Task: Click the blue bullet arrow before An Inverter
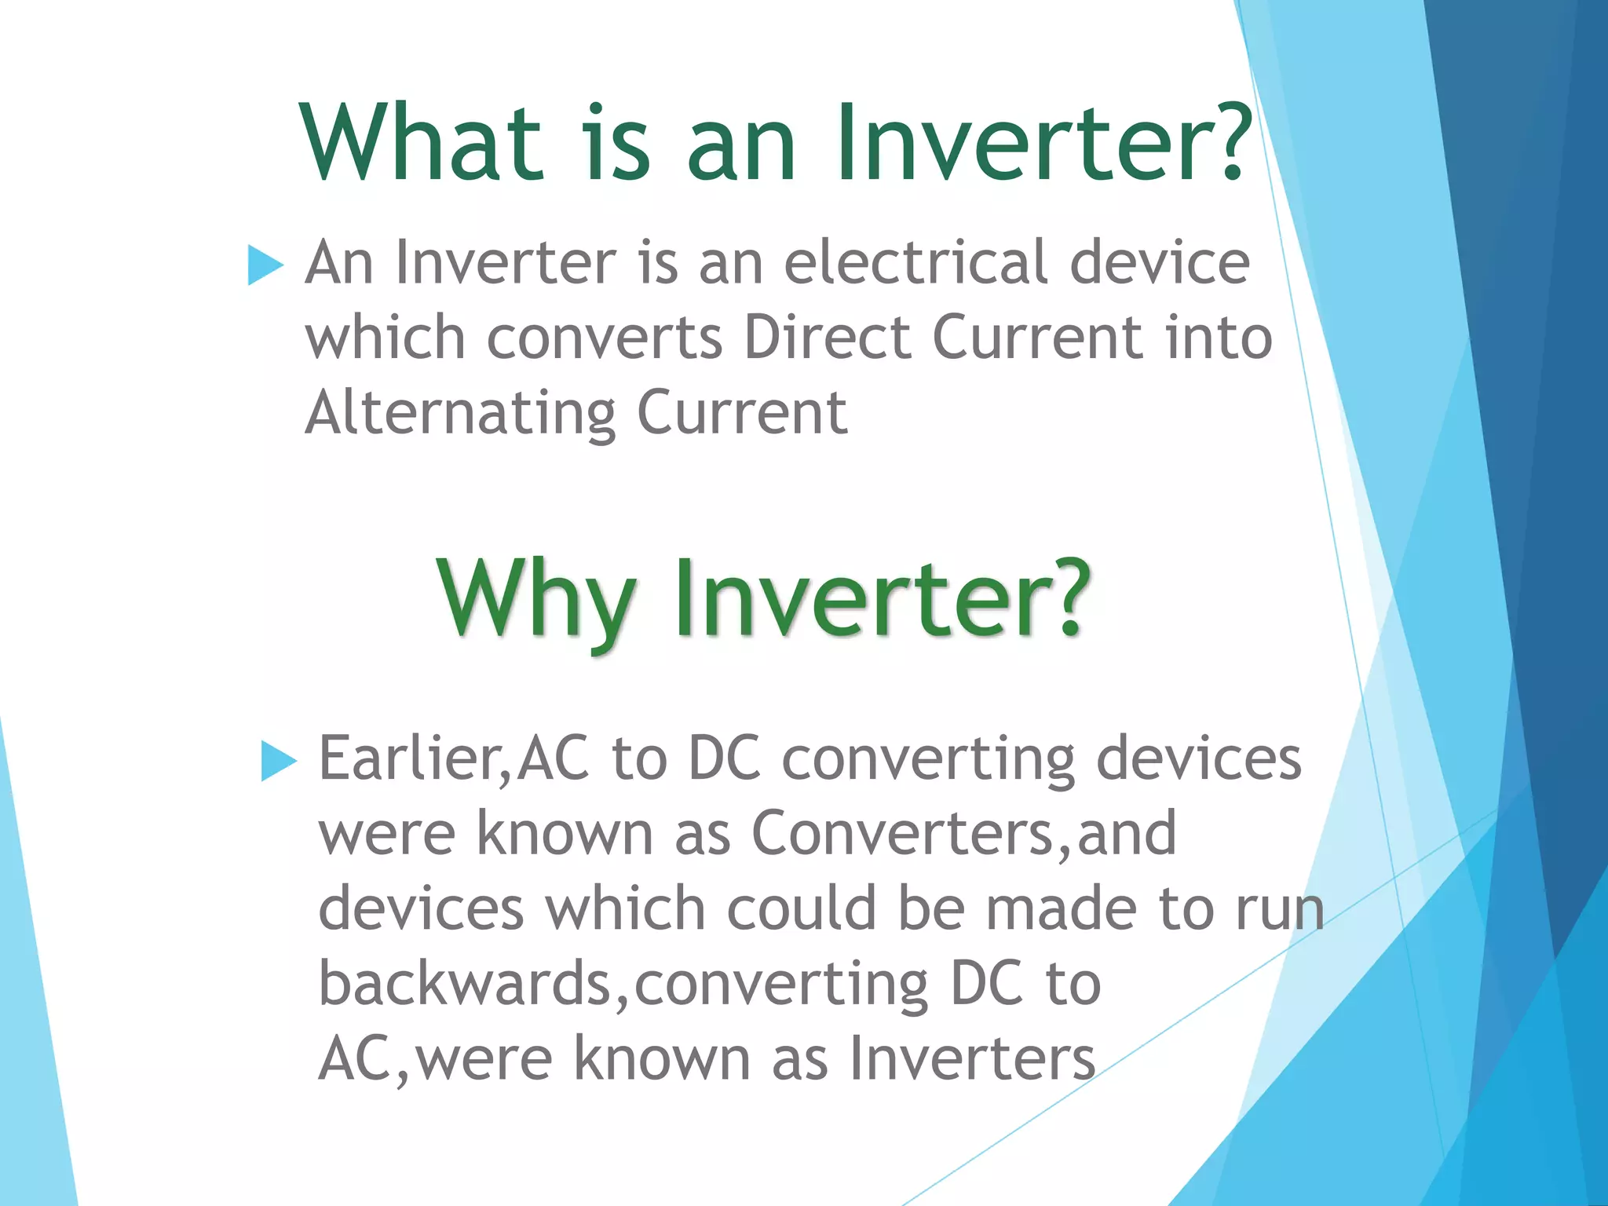pos(265,265)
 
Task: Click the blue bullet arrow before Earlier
pos(278,760)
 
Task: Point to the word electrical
pos(915,262)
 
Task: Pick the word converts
pos(604,338)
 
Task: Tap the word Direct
pos(827,338)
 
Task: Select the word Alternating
pos(461,414)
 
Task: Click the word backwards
pos(464,983)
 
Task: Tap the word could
pos(801,908)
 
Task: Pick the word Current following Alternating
pos(742,414)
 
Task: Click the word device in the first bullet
pos(1160,262)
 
